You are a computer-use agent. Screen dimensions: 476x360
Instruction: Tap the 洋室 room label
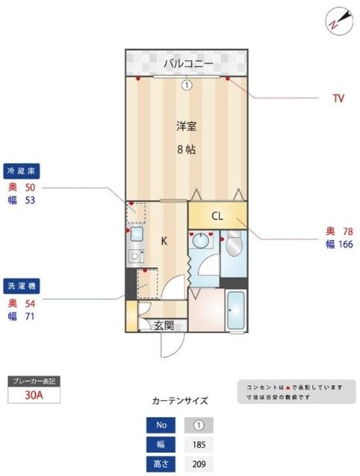coord(186,126)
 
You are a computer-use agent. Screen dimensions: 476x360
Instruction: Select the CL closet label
coord(217,217)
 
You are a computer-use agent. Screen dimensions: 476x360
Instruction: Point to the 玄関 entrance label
coord(164,325)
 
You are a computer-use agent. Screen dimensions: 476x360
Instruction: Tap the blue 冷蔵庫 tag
coord(22,170)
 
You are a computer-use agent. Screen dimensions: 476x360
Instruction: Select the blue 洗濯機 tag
coord(22,285)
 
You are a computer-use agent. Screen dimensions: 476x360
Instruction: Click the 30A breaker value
coord(33,396)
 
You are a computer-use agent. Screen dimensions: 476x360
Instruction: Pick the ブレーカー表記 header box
coord(33,381)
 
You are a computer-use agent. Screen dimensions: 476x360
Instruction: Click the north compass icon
coord(337,21)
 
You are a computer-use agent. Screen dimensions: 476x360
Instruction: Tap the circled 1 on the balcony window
coord(187,85)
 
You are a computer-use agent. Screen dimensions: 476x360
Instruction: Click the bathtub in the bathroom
coord(237,312)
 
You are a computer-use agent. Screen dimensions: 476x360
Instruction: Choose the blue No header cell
coord(162,426)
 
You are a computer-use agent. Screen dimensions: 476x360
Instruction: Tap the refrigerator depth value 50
coord(30,187)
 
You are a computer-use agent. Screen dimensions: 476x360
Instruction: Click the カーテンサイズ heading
coord(180,401)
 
